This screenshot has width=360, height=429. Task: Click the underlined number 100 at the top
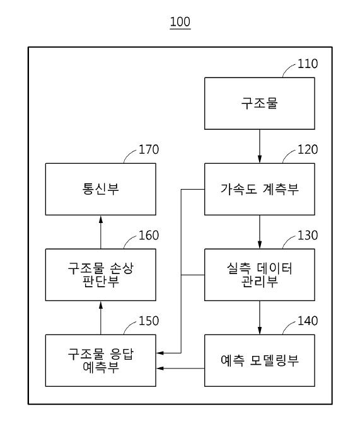point(180,22)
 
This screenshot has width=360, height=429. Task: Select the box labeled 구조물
point(260,103)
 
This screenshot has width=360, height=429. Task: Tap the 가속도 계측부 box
point(260,189)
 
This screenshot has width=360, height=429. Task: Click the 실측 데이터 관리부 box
point(260,275)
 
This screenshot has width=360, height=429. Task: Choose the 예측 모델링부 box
point(260,360)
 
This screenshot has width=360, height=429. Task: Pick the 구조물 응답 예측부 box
point(101,360)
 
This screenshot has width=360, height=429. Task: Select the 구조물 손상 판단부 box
point(101,275)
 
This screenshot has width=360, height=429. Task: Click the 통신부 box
point(101,189)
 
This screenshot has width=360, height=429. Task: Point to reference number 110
point(308,64)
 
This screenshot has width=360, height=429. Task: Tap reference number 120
point(308,149)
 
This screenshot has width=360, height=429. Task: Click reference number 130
point(308,235)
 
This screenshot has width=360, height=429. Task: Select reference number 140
point(308,321)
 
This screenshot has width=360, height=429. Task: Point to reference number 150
point(149,321)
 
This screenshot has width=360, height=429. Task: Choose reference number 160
point(149,235)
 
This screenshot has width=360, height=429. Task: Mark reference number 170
point(149,149)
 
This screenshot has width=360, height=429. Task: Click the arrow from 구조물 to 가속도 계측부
point(260,146)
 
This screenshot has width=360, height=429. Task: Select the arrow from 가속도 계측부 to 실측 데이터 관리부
point(260,232)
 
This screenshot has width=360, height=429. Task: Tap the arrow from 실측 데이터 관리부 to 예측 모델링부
point(260,317)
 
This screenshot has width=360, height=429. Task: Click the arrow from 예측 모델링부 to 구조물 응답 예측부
point(180,369)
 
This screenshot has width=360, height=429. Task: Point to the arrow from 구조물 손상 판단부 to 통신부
point(101,232)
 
